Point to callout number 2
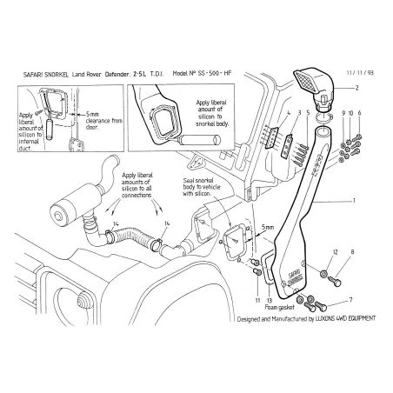[355, 90]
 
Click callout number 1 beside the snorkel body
[354, 201]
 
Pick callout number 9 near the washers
[343, 114]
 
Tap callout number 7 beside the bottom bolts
[350, 299]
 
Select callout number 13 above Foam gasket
[270, 299]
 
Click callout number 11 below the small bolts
[257, 299]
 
